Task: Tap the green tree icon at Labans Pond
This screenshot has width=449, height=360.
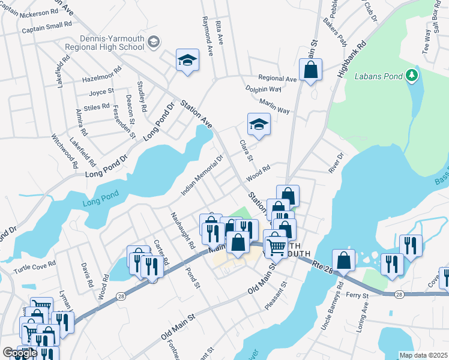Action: tap(411, 76)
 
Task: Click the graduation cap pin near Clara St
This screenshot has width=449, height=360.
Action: tap(259, 124)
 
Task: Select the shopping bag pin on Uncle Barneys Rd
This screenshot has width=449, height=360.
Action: tap(343, 260)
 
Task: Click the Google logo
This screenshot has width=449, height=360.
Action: tap(19, 353)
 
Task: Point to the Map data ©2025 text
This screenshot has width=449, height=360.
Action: tap(423, 355)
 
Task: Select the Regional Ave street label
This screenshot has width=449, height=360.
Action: tap(277, 79)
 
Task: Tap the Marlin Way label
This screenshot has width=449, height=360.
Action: tap(275, 110)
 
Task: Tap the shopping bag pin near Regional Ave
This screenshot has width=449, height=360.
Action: tap(311, 70)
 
